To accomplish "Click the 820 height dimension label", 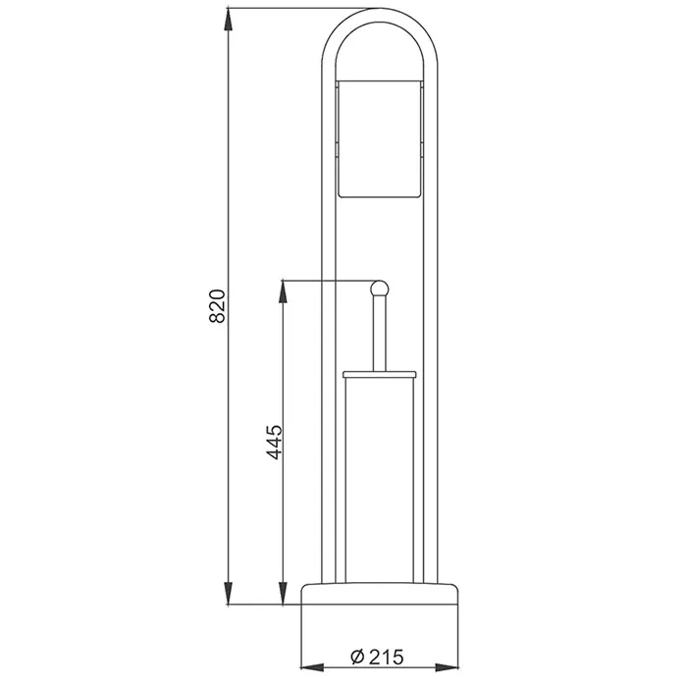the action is pos(217,306).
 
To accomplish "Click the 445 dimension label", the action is pos(275,442).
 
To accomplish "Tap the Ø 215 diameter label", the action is pos(377,657).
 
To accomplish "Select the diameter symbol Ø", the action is pos(357,658).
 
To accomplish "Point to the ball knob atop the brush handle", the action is pos(380,289).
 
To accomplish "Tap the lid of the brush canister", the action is pos(380,374).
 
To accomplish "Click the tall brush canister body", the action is pos(380,480).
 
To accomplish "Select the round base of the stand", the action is pos(380,594).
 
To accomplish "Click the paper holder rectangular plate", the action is pos(380,139).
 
